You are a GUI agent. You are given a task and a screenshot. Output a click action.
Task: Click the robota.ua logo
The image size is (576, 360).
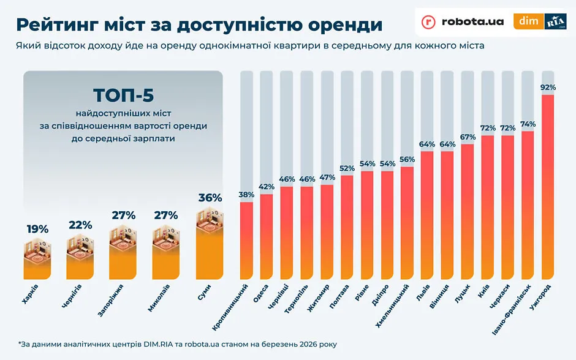coord(463,21)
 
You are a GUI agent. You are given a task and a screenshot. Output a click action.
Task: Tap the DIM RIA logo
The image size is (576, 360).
coord(540,21)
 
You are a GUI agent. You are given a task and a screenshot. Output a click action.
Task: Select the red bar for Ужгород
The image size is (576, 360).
coord(548,184)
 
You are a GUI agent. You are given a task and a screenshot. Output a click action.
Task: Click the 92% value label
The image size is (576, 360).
coord(548,88)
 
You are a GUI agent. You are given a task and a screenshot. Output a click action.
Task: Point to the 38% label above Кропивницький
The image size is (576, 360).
coord(246,195)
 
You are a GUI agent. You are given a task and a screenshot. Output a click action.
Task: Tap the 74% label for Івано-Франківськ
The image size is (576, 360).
coord(528,124)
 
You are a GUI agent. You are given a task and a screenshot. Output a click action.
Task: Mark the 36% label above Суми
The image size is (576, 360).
coord(210,198)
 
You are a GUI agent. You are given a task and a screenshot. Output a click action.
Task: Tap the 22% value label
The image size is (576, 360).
coord(80,225)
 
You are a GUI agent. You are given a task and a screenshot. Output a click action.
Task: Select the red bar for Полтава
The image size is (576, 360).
coord(347,227)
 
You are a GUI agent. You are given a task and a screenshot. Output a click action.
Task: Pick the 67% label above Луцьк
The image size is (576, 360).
coord(468,137)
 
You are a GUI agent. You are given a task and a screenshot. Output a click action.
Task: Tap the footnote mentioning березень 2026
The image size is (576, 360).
coord(177,344)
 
